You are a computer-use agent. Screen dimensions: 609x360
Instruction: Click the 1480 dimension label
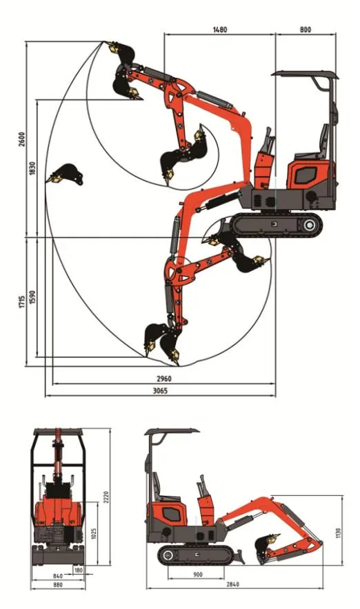(220, 30)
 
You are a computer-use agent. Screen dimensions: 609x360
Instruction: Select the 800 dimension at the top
(306, 30)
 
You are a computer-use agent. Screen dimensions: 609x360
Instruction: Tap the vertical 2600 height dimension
(23, 138)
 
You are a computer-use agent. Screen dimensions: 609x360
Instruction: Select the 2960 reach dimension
(163, 379)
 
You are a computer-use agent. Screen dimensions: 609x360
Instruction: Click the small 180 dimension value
(78, 570)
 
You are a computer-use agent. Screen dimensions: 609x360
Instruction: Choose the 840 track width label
(58, 575)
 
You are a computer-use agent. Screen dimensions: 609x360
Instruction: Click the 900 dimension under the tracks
(197, 575)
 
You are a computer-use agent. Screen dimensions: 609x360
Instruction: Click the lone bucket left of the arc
(65, 174)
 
